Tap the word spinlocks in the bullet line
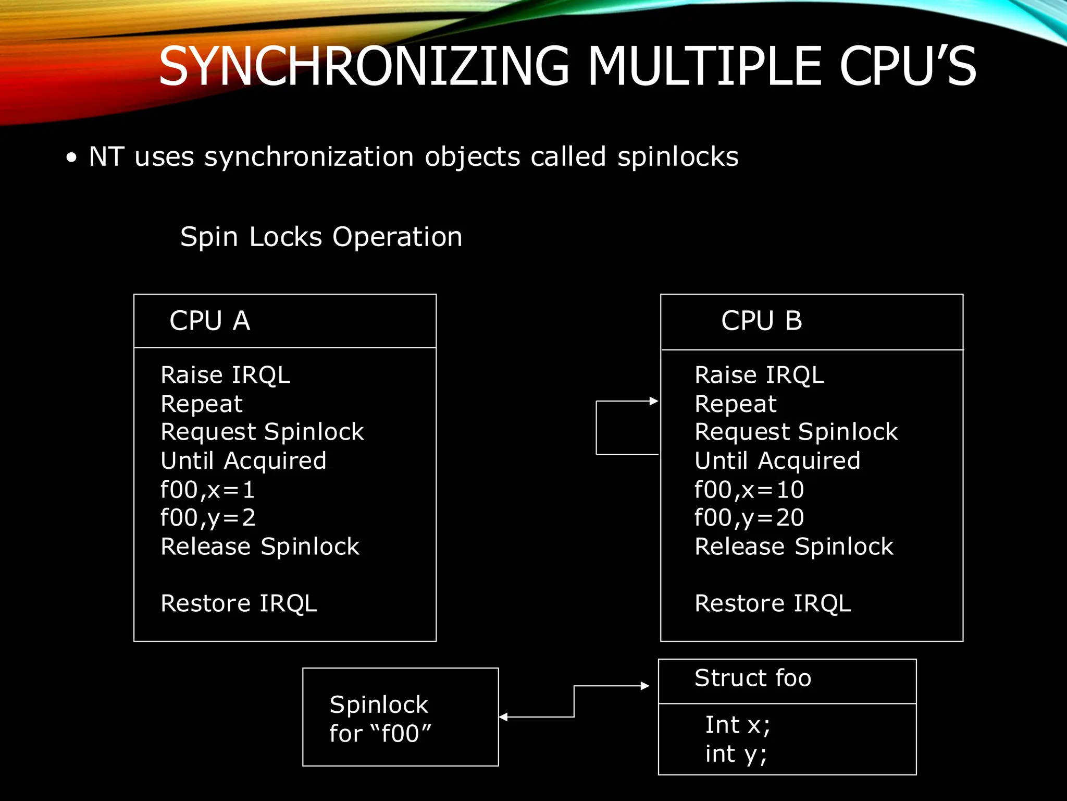(677, 157)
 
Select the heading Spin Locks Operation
(321, 237)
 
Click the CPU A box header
(210, 321)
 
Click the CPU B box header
(761, 321)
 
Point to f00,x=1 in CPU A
(207, 490)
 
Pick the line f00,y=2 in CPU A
(207, 518)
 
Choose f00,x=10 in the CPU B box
(749, 490)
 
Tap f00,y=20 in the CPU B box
(749, 518)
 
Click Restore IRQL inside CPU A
(239, 604)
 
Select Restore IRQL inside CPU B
(773, 604)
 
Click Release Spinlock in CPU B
(793, 547)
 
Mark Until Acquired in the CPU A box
(243, 461)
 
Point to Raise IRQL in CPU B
(759, 375)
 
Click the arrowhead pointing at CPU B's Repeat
(654, 401)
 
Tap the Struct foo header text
(752, 678)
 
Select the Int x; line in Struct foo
(737, 725)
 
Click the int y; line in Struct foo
(736, 755)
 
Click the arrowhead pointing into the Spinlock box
(504, 717)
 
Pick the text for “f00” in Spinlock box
(380, 734)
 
